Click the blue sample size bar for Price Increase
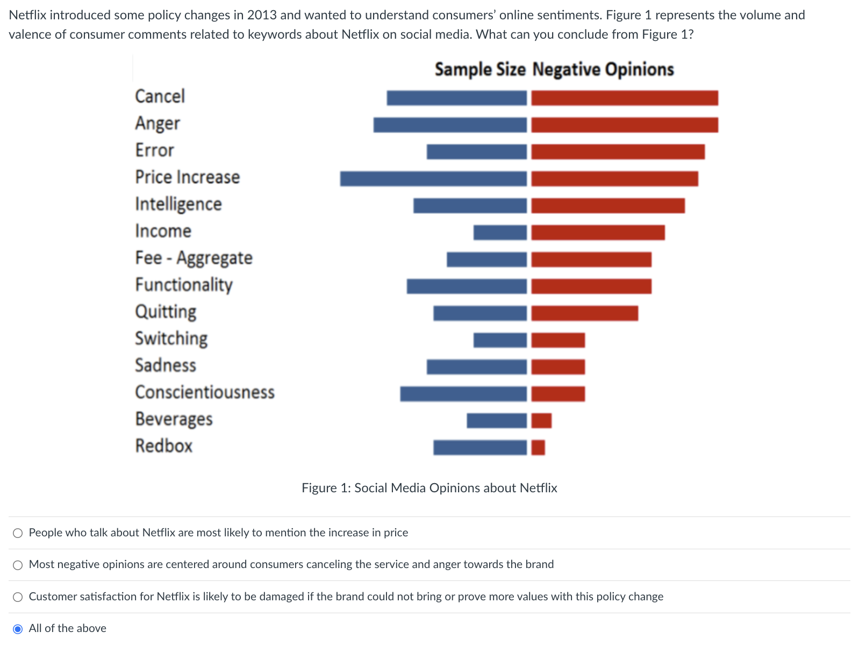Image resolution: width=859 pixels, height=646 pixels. (x=433, y=179)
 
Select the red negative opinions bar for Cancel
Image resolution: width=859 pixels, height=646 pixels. (x=624, y=98)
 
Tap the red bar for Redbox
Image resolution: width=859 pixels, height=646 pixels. (x=538, y=448)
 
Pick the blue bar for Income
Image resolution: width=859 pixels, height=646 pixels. (x=500, y=233)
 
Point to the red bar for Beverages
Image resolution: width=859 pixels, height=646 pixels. (x=541, y=421)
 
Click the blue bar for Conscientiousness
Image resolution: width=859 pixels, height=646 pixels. (x=463, y=394)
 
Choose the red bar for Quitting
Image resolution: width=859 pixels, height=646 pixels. (x=584, y=313)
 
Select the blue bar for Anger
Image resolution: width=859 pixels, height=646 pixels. (x=450, y=125)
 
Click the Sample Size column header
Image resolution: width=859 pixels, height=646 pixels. (x=479, y=70)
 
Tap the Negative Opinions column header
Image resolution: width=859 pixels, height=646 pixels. (x=603, y=70)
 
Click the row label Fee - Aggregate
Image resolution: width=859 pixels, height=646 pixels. (x=194, y=259)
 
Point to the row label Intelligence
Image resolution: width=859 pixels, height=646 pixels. (x=178, y=205)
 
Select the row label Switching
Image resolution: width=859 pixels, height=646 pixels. (x=171, y=339)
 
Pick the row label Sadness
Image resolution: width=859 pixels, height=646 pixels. (x=166, y=365)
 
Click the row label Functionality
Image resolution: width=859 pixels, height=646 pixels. (x=184, y=285)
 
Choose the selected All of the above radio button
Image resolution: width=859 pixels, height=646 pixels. (x=18, y=629)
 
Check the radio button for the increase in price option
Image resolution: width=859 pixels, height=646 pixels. (x=18, y=533)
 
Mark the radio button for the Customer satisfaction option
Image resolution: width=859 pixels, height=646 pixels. (x=18, y=597)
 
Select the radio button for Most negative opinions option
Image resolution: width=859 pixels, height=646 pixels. (x=18, y=565)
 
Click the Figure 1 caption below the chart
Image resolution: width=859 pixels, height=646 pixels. (x=429, y=488)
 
